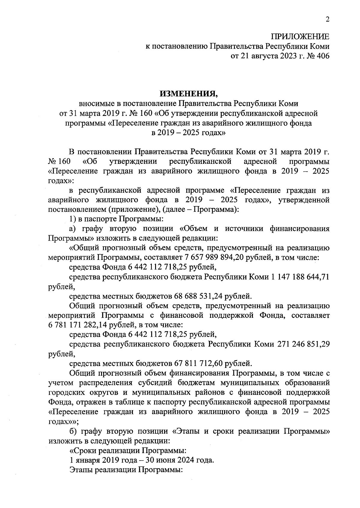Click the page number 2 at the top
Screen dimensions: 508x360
[327, 20]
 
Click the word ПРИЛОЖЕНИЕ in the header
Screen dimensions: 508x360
[300, 37]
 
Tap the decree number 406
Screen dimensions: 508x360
[322, 56]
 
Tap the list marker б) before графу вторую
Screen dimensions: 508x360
[73, 431]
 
